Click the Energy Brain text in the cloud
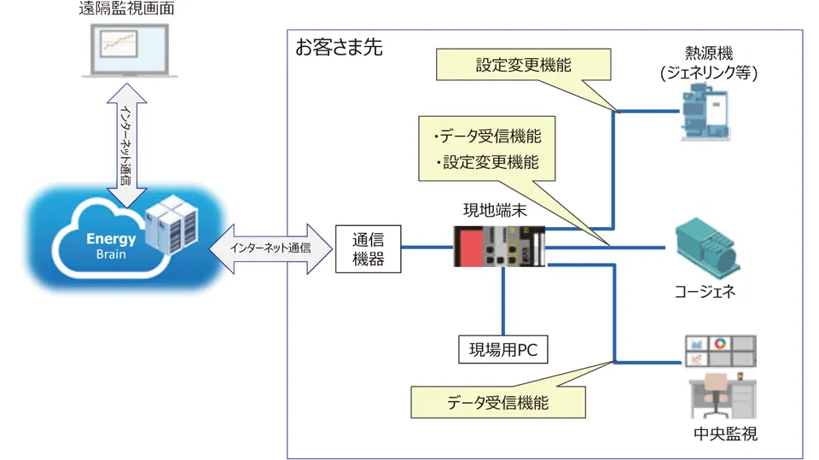(111, 246)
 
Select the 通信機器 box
(368, 248)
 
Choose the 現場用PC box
(502, 348)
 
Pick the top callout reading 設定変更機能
(523, 65)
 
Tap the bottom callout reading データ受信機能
(498, 401)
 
